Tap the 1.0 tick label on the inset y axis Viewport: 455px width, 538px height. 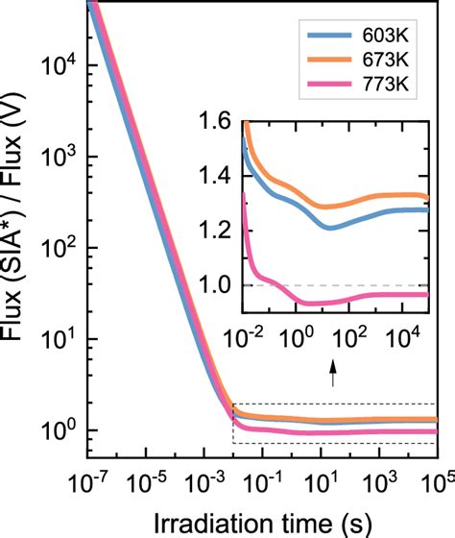tap(220, 285)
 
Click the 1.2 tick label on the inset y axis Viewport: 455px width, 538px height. tap(220, 231)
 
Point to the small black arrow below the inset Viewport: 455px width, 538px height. tap(333, 373)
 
